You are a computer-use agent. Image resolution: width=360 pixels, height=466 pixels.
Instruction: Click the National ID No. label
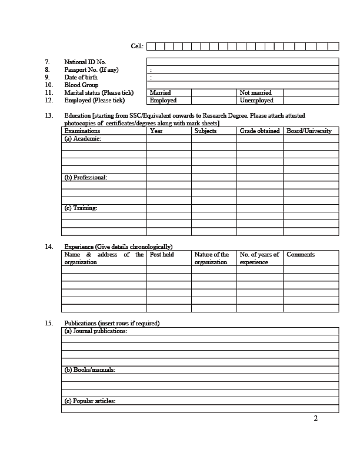tap(85, 62)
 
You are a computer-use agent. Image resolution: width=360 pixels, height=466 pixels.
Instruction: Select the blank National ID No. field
tap(242, 62)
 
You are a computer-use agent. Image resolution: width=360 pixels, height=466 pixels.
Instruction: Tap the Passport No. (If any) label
tap(91, 69)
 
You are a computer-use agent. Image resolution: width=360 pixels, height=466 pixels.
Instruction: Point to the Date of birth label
tap(81, 77)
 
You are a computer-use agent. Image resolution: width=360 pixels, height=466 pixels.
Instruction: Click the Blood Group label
tap(81, 85)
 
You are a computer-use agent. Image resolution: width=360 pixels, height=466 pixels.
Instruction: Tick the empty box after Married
tap(214, 93)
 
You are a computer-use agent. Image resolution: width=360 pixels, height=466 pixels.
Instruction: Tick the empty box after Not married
tap(311, 93)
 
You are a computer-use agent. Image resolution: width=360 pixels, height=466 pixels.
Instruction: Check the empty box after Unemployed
tap(311, 101)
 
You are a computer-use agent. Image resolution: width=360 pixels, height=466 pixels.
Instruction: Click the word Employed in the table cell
tap(163, 101)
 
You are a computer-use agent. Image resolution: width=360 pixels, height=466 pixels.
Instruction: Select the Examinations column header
tap(82, 131)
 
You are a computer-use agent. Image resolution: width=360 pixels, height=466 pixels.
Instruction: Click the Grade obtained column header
tap(259, 131)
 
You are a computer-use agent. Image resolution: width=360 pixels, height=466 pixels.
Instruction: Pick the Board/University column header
tap(309, 131)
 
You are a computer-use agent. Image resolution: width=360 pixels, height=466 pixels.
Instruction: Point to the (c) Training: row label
tap(81, 208)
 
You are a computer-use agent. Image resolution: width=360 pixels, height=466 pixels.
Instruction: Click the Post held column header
tap(162, 255)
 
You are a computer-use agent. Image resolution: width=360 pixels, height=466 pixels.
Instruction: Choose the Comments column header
tap(301, 255)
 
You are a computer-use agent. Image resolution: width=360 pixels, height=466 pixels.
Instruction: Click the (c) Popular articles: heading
tap(90, 401)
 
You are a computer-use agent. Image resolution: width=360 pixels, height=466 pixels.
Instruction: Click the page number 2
tap(316, 419)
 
